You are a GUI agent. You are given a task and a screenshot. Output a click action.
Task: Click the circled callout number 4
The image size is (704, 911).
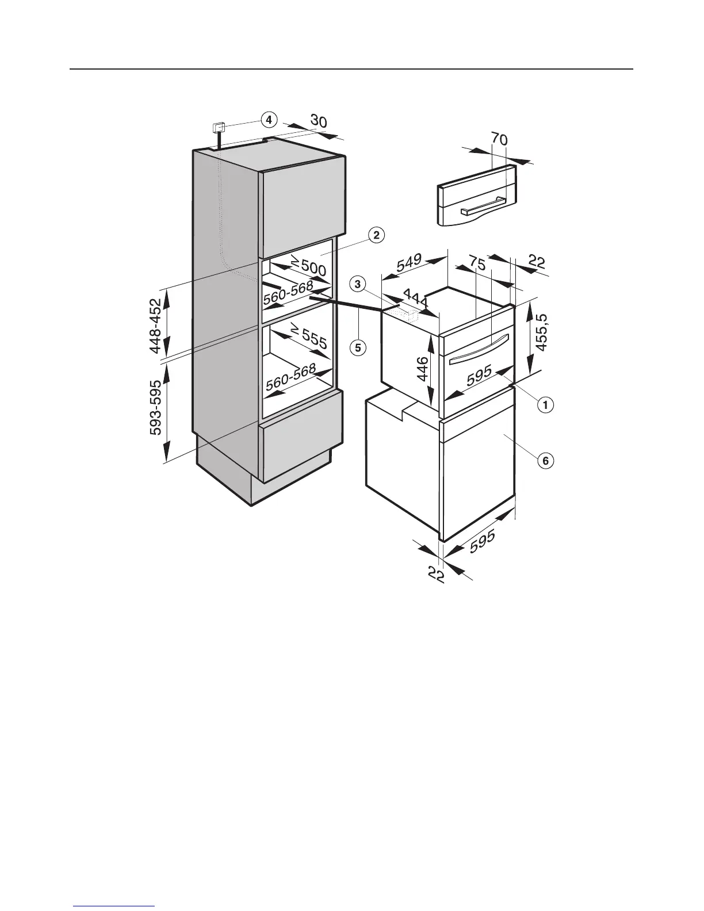pyautogui.click(x=268, y=120)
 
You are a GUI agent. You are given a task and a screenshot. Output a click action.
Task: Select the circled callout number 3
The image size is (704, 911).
pyautogui.click(x=358, y=284)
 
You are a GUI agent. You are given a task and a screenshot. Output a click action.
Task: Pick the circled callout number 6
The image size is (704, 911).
pyautogui.click(x=546, y=460)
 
